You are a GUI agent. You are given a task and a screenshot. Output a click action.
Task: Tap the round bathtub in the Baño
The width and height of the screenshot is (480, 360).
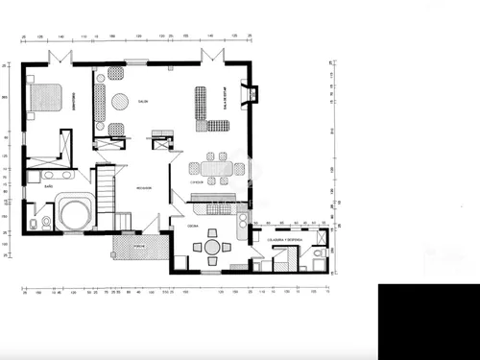click(x=73, y=210)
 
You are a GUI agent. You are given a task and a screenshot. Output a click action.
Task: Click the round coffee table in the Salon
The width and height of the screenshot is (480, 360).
click(x=121, y=100)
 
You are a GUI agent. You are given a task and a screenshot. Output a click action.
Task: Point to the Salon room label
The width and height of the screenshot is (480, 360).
click(x=142, y=101)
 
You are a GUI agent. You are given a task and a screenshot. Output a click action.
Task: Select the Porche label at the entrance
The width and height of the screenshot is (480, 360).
click(x=138, y=245)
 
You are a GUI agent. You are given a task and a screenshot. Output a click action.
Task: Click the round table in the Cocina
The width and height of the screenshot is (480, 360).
click(x=211, y=247)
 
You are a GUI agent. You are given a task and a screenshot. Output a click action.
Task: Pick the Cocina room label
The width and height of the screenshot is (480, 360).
click(x=193, y=226)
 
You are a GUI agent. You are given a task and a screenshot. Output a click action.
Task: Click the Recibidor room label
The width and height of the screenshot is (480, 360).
click(x=143, y=187)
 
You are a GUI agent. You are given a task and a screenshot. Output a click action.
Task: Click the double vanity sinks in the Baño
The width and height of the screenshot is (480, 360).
click(x=50, y=176)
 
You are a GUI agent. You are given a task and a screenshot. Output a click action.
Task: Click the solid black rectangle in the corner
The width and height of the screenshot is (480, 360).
click(x=428, y=321)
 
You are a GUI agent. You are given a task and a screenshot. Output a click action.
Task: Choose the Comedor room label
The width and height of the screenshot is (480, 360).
click(x=196, y=180)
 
